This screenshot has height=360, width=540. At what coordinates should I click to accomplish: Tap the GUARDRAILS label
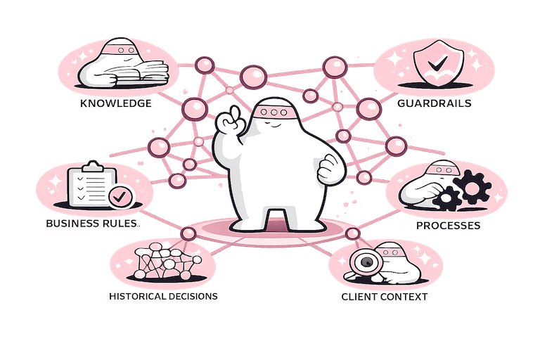(x=434, y=103)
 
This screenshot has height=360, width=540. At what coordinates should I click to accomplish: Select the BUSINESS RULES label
(x=91, y=224)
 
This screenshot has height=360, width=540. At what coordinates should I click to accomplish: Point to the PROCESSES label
(x=448, y=226)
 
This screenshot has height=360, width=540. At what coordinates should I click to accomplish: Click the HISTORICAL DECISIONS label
(x=163, y=296)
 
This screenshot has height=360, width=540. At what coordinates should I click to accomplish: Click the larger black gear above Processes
(x=467, y=186)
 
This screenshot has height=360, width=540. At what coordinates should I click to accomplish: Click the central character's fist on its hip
(x=327, y=169)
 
